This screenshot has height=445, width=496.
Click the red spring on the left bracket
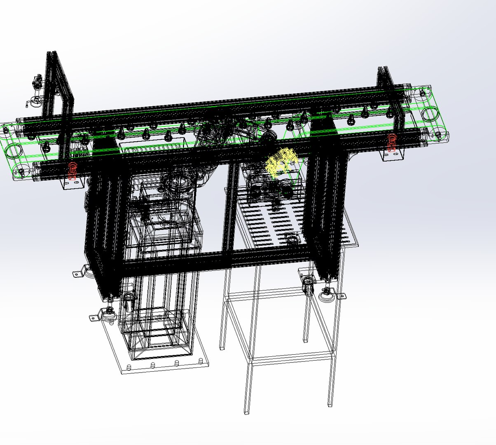click(73, 171)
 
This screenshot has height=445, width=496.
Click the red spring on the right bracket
click(392, 142)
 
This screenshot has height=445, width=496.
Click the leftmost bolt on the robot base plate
click(129, 366)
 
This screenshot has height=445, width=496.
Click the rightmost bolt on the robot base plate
click(201, 361)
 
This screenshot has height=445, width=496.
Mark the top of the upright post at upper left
click(52, 54)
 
